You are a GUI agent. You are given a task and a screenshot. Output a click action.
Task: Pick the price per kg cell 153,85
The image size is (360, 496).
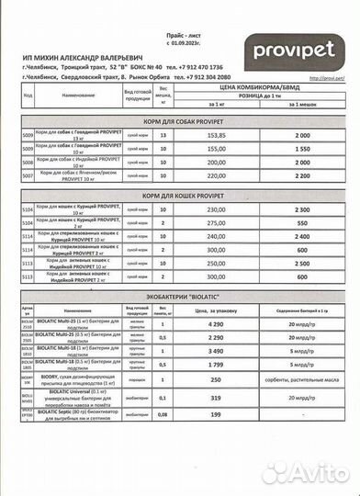tap(215, 135)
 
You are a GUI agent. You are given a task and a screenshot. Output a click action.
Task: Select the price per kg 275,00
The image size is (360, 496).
tap(215, 222)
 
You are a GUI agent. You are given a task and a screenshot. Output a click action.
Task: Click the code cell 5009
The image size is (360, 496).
tap(28, 135)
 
